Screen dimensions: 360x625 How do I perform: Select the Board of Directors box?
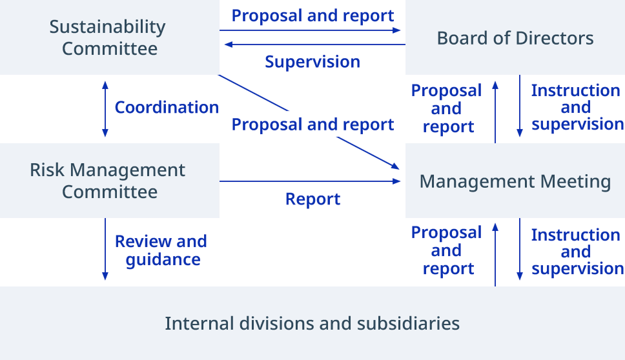point(515,37)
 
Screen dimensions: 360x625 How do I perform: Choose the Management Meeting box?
point(515,181)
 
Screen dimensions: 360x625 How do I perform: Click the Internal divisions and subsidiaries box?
point(312,323)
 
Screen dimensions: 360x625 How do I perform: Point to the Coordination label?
point(167,107)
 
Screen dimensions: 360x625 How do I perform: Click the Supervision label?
point(312,62)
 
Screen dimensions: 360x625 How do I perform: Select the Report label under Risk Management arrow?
point(312,199)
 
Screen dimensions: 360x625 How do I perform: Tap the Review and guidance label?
point(161,250)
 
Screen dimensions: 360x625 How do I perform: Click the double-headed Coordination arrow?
point(105,109)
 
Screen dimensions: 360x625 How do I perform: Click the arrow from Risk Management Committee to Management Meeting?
point(310,181)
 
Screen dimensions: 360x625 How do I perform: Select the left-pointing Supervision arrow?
point(313,45)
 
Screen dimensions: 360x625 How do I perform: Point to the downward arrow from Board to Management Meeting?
point(520,106)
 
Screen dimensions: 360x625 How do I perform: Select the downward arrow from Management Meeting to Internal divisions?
point(520,250)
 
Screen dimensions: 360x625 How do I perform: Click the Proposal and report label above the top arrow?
point(312,15)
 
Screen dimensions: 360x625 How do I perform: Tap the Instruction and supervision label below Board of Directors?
point(576,107)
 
